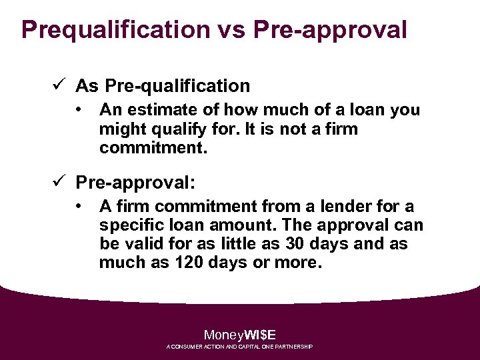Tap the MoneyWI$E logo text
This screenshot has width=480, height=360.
(x=239, y=335)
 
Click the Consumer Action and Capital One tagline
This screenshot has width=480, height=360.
(x=239, y=347)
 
